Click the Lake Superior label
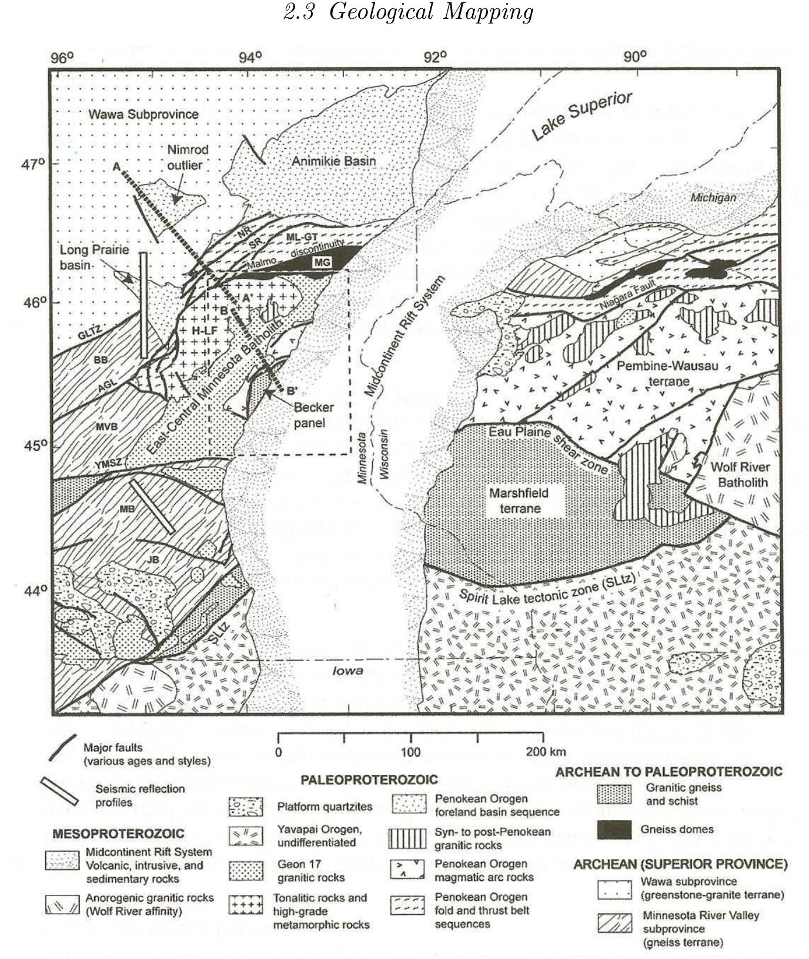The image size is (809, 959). [x=581, y=116]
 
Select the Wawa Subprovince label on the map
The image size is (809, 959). [x=143, y=114]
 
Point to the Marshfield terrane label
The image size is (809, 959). [x=519, y=500]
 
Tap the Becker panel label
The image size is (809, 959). [x=313, y=415]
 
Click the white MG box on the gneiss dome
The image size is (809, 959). [x=322, y=262]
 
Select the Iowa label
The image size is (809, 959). [x=347, y=671]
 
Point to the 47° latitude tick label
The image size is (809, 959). [x=33, y=164]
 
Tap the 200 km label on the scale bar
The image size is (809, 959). [x=546, y=751]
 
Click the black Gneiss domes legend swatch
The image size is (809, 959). [x=614, y=830]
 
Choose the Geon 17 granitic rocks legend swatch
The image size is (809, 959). [x=245, y=870]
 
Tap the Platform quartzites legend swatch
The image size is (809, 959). [x=245, y=807]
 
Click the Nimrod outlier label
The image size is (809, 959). [x=187, y=158]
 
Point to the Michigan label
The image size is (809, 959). [x=713, y=198]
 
